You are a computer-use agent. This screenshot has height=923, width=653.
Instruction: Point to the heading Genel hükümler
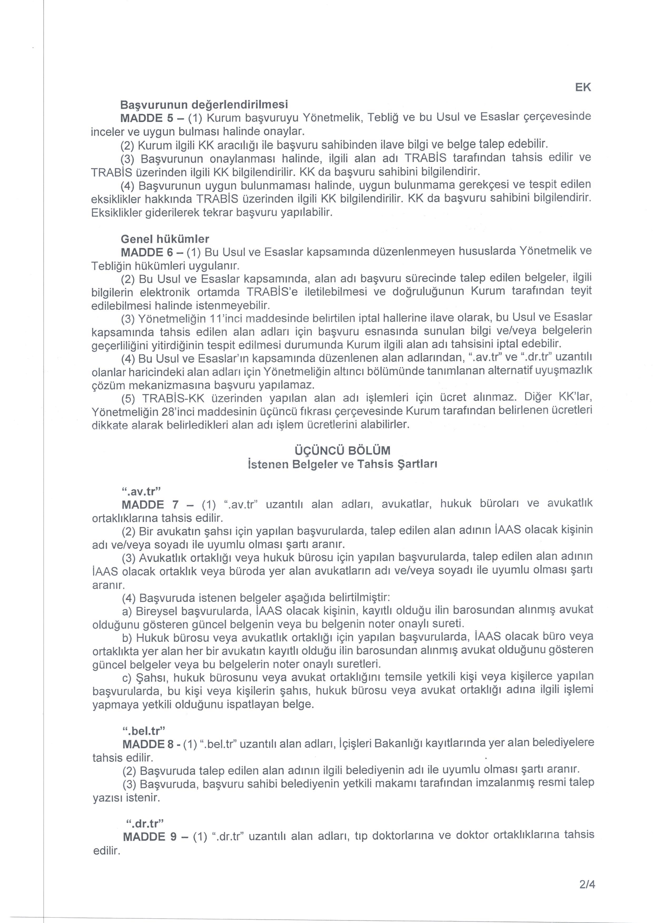(x=165, y=239)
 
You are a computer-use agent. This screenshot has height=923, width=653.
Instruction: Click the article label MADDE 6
(x=148, y=252)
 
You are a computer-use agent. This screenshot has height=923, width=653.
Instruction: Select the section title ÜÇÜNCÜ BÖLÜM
(x=343, y=450)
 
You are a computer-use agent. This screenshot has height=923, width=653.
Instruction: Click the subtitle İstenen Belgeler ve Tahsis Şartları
(x=343, y=464)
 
